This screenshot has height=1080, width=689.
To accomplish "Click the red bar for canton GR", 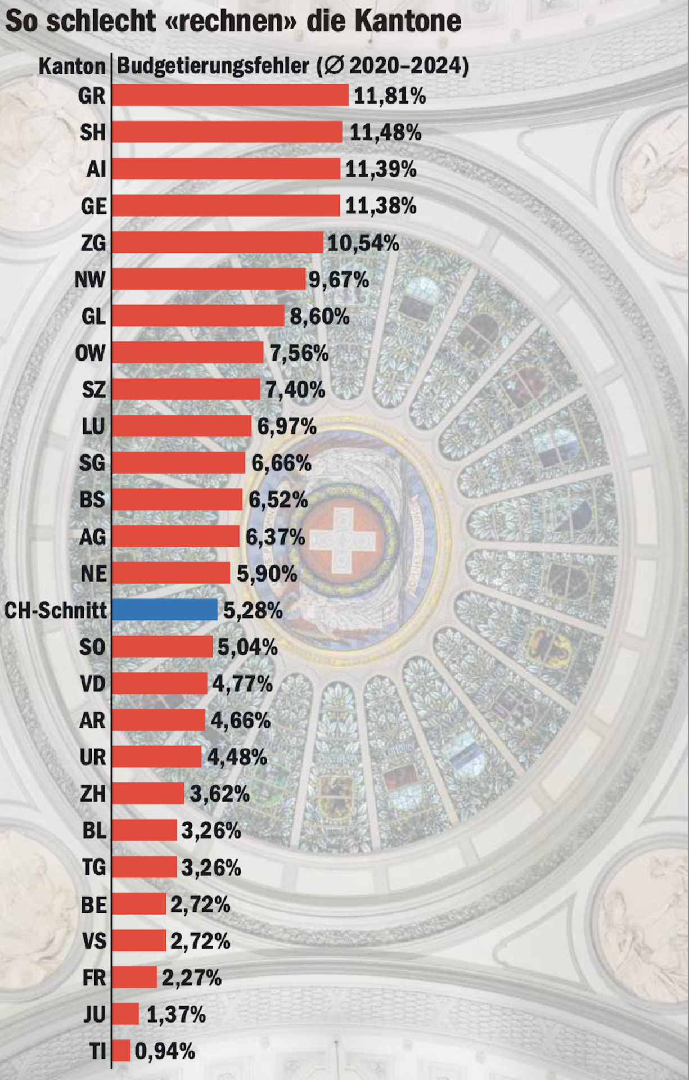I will (x=231, y=95).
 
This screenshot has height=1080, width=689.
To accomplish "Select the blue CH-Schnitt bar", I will (x=165, y=610).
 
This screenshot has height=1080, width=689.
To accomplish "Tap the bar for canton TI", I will (x=121, y=1051).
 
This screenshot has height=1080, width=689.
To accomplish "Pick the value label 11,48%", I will (x=385, y=133).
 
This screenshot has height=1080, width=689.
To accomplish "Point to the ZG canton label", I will (x=93, y=243).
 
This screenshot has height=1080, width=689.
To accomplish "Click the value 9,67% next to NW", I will (x=339, y=280).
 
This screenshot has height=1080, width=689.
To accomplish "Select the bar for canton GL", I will (x=199, y=316).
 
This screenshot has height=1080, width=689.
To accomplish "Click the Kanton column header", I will (x=72, y=66).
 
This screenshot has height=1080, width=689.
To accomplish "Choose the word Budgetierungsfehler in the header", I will (x=213, y=66).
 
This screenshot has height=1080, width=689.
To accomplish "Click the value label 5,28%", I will (x=253, y=610).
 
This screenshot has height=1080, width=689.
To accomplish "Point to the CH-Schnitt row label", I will (x=56, y=610).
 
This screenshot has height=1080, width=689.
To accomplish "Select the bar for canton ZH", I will (x=148, y=793).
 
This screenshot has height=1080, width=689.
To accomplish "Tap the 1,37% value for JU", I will (x=176, y=1015).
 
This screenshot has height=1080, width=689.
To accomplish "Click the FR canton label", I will (x=94, y=978).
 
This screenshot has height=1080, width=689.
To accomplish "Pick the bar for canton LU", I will (x=182, y=426).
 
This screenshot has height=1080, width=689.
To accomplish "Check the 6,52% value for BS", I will (x=278, y=499).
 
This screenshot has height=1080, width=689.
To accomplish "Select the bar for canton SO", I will (x=163, y=647).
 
